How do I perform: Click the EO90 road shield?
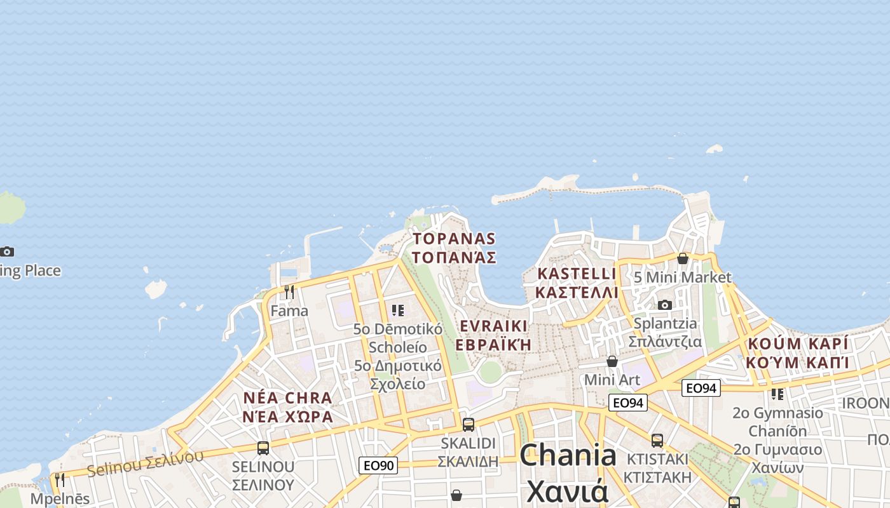(x=378, y=465)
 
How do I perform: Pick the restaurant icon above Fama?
(x=289, y=291)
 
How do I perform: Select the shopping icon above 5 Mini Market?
(x=683, y=258)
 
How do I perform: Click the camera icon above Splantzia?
(x=665, y=305)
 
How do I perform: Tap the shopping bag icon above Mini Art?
(x=612, y=361)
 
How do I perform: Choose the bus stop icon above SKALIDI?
(x=469, y=424)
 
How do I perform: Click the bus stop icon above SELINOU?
(x=263, y=448)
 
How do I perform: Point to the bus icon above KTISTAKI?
(x=657, y=440)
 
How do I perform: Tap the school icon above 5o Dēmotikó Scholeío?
(x=398, y=310)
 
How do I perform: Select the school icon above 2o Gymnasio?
(x=777, y=394)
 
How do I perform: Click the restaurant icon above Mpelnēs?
(x=60, y=479)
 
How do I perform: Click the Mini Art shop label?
(x=612, y=380)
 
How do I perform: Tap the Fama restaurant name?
(x=289, y=311)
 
